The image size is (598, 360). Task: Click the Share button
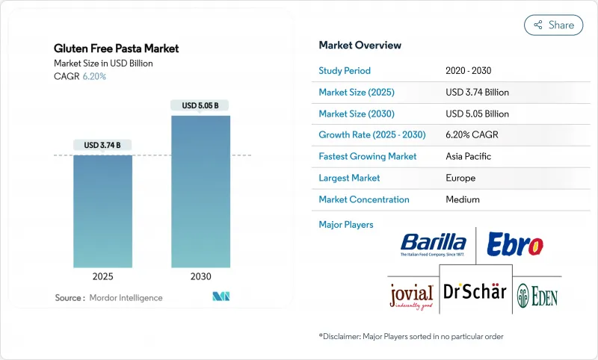point(554,25)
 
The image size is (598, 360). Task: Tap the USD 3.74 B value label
point(102,145)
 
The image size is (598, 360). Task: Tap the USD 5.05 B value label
point(200,105)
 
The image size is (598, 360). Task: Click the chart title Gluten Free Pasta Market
point(117,49)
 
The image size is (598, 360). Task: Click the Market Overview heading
point(360,45)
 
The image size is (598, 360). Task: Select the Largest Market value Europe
point(460,179)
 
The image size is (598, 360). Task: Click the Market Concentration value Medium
point(462,199)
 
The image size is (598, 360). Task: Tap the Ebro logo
point(514,243)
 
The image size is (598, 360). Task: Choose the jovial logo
point(410,294)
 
